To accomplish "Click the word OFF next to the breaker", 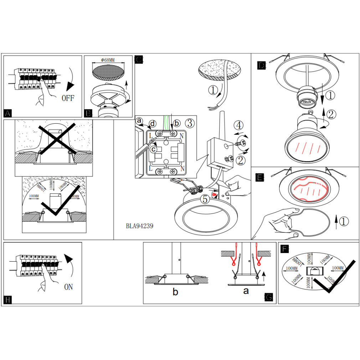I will point(68,98).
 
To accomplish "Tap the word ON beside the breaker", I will point(68,287).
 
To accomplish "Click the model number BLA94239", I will point(140,226).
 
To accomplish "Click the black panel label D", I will point(261,65).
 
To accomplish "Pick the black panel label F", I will point(284,248).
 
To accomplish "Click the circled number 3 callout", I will point(190,123).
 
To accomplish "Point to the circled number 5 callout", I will point(205,199).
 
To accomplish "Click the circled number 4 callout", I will point(239,125).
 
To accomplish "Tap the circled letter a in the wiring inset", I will point(139,121).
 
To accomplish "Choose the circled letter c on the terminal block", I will point(153,149).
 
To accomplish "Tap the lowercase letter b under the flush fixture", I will point(175,292).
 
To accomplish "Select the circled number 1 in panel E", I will point(343,221).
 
